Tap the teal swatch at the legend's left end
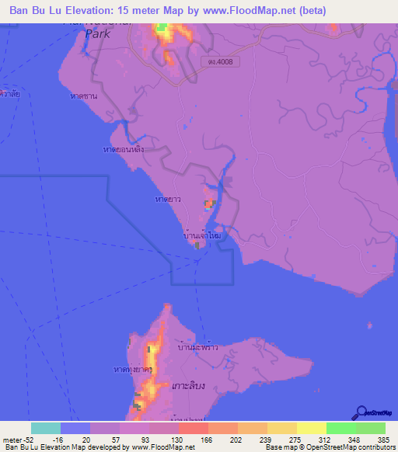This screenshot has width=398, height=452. (45, 428)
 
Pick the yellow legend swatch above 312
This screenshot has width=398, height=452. (311, 428)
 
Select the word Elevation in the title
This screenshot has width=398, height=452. (86, 10)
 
